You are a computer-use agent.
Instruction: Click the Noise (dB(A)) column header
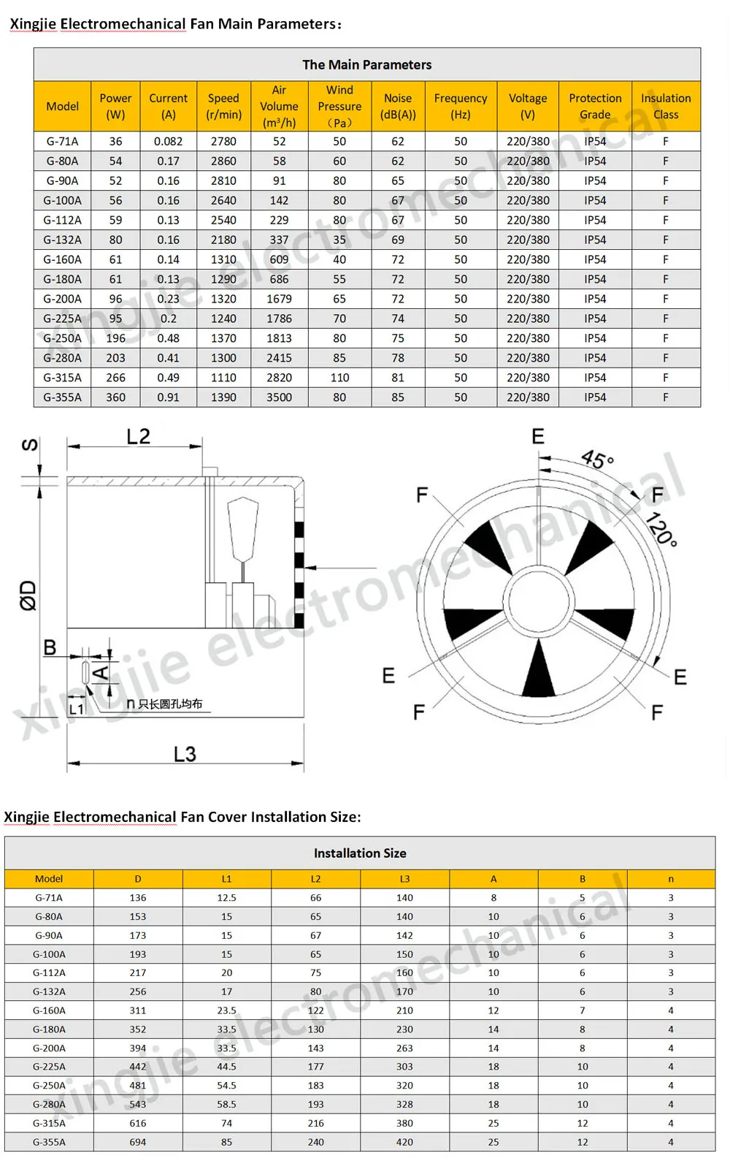(398, 106)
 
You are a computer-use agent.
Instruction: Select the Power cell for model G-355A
(115, 397)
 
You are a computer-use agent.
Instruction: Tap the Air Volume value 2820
(279, 378)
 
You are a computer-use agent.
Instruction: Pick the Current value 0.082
(168, 141)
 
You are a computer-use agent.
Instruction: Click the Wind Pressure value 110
(339, 378)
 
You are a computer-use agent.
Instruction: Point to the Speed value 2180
(223, 240)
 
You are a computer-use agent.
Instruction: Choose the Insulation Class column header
(666, 106)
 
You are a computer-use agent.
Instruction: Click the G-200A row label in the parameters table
(63, 299)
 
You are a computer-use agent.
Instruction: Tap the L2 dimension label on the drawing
(138, 436)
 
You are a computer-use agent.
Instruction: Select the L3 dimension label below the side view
(185, 754)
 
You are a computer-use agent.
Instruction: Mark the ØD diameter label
(28, 595)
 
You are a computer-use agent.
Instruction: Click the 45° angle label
(597, 460)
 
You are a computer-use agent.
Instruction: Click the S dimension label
(29, 445)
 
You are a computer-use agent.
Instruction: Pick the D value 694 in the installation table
(138, 1142)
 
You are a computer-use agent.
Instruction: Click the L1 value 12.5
(226, 898)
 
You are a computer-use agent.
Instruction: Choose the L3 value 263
(404, 1048)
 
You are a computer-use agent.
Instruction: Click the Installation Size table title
(360, 853)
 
